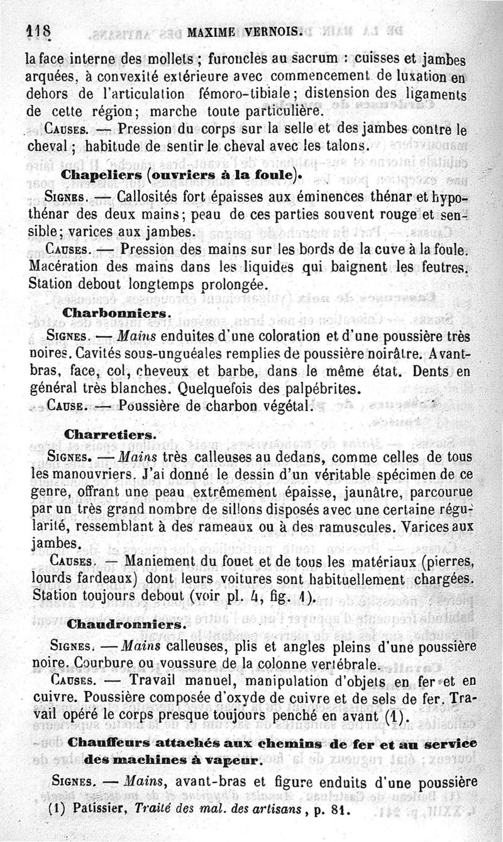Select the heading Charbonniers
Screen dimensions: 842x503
click(114, 312)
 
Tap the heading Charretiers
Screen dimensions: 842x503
click(109, 434)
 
